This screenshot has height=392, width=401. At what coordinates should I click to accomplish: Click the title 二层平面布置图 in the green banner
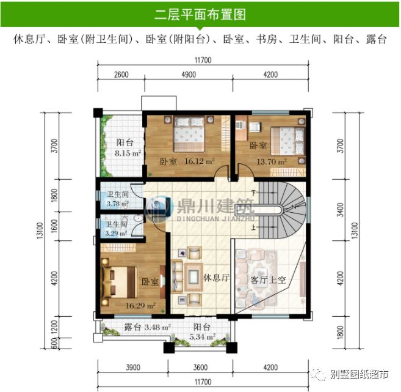[200, 13]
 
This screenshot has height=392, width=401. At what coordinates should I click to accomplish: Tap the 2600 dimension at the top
[121, 75]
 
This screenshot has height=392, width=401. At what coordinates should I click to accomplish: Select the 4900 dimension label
[188, 75]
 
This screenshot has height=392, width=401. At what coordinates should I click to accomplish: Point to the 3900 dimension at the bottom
[132, 368]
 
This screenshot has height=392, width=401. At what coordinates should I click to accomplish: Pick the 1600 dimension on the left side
[54, 227]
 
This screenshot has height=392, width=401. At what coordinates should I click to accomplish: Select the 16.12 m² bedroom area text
[201, 161]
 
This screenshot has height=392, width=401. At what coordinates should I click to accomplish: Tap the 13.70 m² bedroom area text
[273, 161]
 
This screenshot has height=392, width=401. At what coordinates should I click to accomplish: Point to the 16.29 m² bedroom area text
[141, 305]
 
